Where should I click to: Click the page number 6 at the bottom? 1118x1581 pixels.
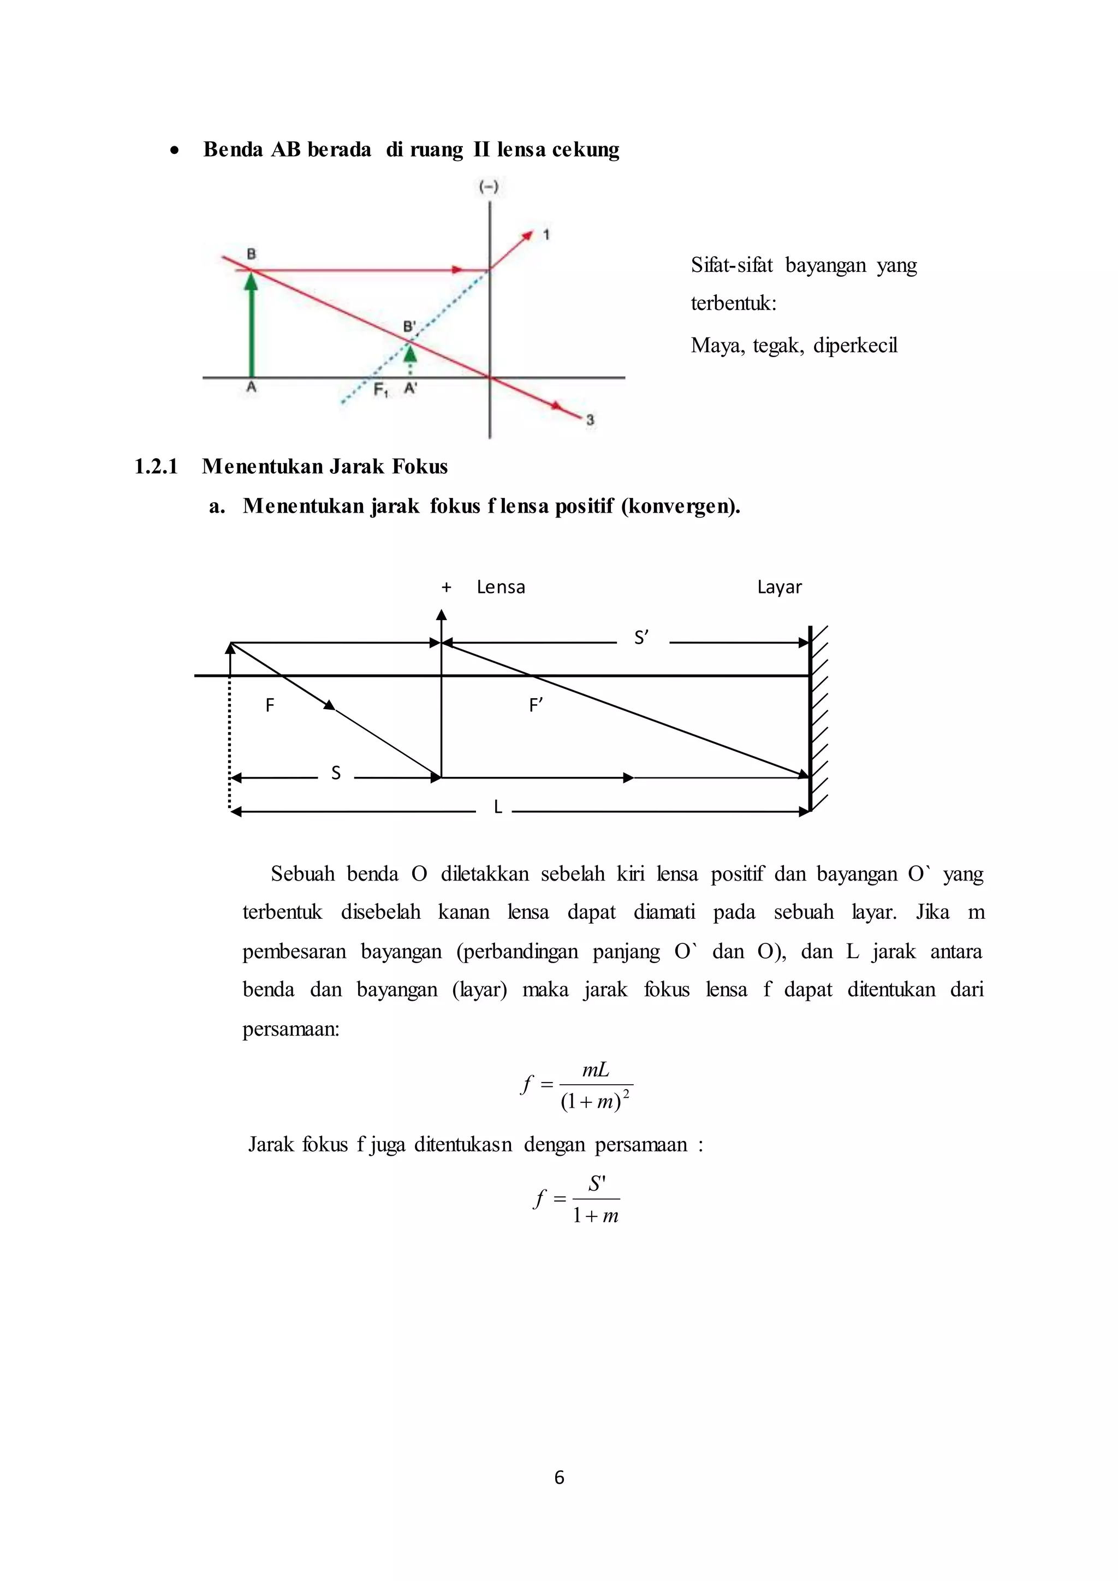coord(559,1477)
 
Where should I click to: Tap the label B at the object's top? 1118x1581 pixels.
coord(251,254)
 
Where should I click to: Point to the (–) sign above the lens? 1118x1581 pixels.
coord(489,187)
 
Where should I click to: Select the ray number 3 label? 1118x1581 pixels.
coord(590,419)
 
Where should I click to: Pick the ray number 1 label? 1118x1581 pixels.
coord(546,235)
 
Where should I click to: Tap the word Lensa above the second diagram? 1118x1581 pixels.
coord(501,587)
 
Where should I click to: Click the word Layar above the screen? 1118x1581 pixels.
coord(780,587)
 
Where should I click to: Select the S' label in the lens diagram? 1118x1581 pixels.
coord(641,638)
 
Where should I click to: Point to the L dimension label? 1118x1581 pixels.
coord(498,808)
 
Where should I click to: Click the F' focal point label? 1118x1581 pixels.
coord(536,705)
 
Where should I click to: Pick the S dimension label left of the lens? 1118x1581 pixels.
coord(336,773)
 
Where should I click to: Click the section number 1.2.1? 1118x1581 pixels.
coord(156,467)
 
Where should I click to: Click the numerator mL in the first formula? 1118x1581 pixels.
coord(596,1069)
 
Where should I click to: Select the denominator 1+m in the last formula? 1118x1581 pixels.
coord(596,1216)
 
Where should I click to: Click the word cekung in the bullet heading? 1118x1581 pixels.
coord(585,150)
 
